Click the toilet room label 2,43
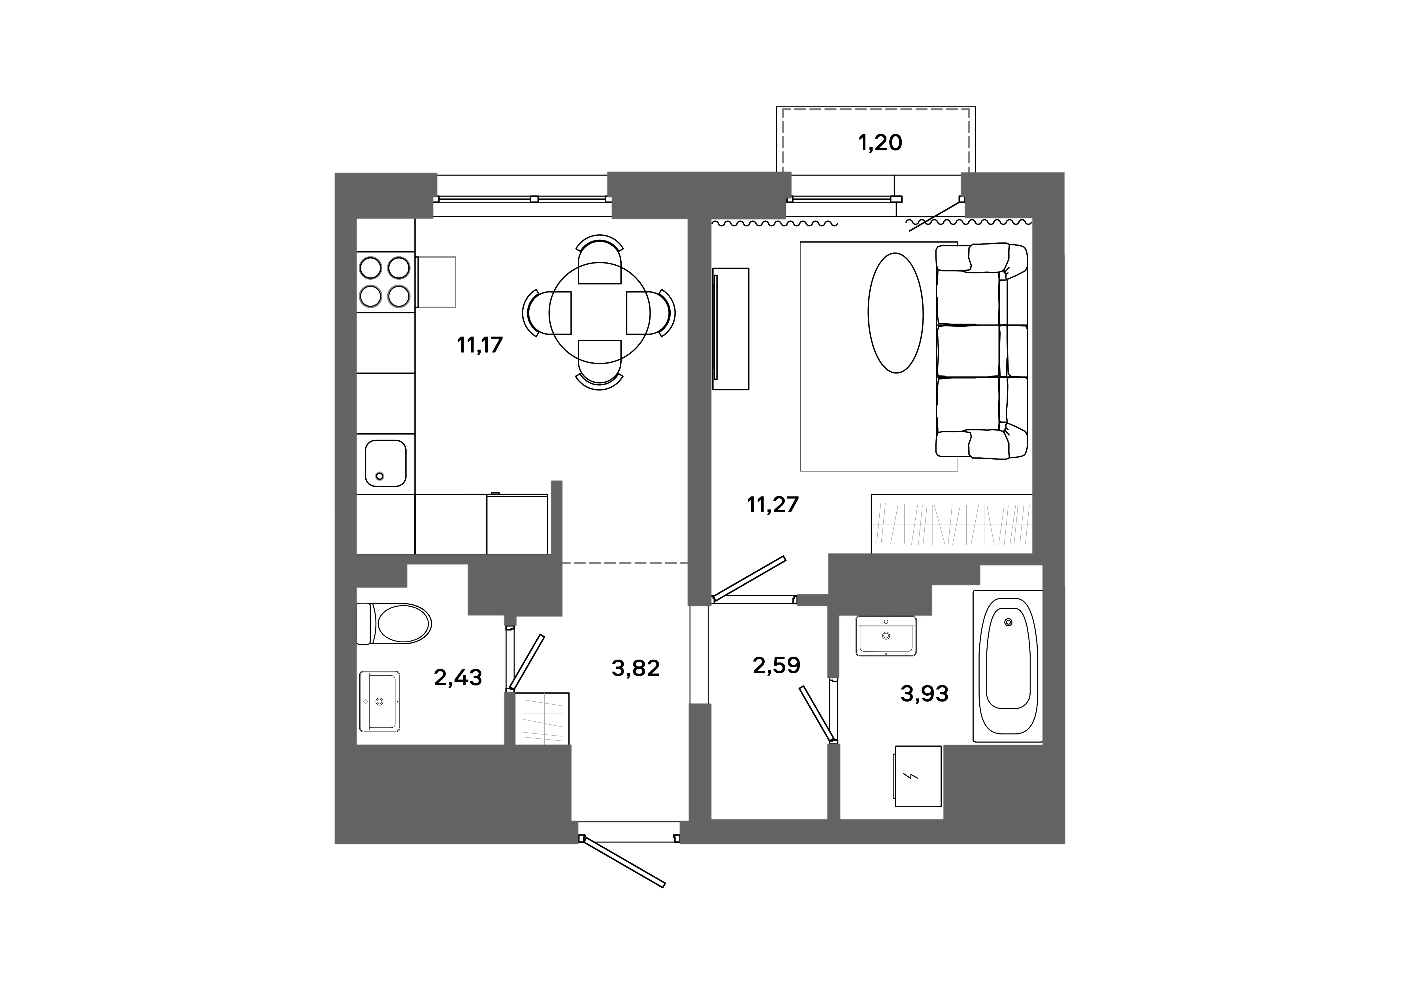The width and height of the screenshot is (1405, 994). coord(458,677)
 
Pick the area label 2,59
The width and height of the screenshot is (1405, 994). coord(776,665)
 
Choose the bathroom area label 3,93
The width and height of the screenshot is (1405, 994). coord(924,693)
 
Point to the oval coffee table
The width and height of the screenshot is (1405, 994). coord(895,313)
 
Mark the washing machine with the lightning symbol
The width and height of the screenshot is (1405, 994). coord(917,776)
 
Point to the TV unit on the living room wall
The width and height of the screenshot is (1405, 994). coord(731,329)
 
